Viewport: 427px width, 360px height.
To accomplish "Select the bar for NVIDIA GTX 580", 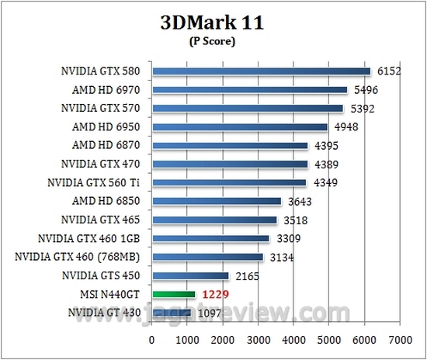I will coord(261,71).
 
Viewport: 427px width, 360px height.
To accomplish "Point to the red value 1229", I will coord(215,295).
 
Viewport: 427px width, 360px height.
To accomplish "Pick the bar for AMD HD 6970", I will coord(249,90).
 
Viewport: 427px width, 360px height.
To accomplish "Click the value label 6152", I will coord(390,71).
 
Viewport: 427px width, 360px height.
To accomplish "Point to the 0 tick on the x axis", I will coord(152,340).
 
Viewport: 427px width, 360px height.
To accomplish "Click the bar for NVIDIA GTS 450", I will coord(190,275).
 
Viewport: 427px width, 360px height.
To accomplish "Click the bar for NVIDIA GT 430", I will coord(172,313).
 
